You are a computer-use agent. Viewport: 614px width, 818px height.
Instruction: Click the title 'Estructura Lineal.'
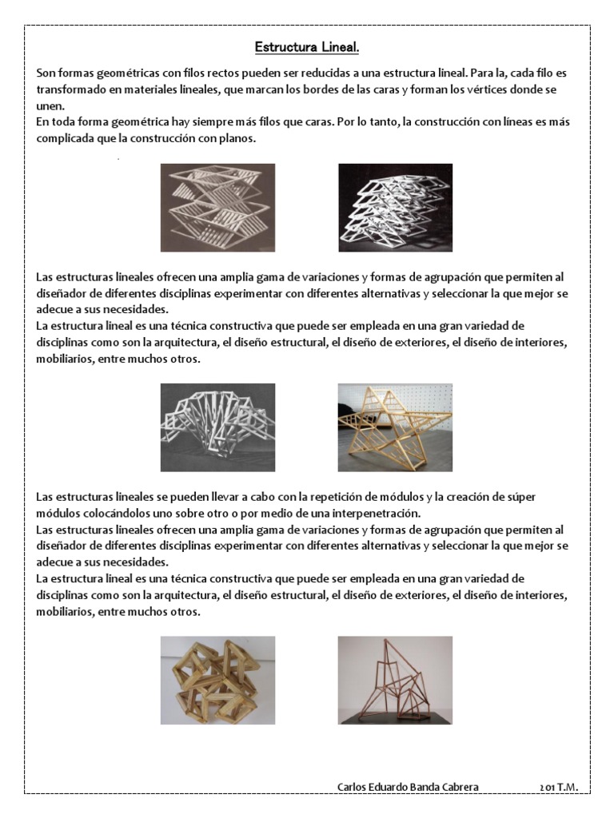[x=307, y=48]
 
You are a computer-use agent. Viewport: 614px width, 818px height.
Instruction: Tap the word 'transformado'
[x=70, y=89]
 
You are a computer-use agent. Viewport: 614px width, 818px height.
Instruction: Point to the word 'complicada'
[x=64, y=138]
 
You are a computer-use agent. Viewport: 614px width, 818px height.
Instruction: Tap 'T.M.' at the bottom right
[x=568, y=787]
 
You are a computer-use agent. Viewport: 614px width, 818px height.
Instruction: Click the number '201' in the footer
[x=547, y=787]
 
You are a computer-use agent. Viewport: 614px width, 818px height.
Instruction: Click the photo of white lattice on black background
[x=395, y=208]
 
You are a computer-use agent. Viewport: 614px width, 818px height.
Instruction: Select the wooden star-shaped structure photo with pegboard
[x=395, y=427]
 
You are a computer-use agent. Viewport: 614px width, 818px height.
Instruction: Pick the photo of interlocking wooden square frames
[x=217, y=680]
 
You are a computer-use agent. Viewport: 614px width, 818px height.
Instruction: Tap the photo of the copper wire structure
[x=395, y=680]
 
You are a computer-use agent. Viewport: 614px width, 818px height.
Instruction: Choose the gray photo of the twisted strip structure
[x=217, y=427]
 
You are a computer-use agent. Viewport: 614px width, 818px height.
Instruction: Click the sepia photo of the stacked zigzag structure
[x=217, y=208]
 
